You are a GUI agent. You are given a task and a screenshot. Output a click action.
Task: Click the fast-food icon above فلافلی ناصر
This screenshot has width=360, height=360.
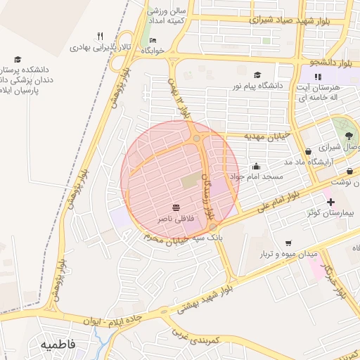pos(175,208)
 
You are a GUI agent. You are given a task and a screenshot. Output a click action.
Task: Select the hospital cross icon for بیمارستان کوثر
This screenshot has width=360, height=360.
pos(331,202)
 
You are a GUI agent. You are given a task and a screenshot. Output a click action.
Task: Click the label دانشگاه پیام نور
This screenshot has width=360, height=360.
pos(292,85)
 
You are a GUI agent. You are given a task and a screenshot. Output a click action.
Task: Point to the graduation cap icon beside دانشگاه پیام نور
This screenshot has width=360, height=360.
pos(257,75)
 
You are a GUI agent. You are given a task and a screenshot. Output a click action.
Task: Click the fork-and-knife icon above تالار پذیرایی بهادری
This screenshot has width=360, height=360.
pos(100,37)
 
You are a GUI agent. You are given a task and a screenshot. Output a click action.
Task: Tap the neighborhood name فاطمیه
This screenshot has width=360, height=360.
pos(58,346)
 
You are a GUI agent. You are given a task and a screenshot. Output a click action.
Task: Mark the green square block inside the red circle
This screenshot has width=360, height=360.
pos(191,181)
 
